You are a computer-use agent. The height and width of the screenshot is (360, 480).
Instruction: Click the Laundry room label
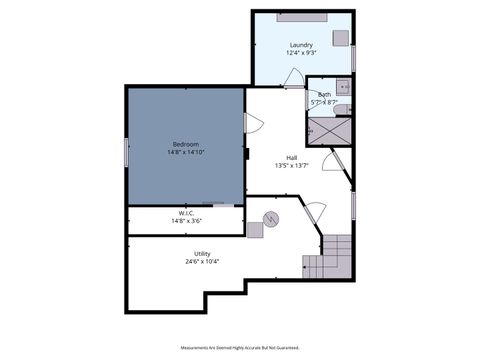tap(301, 45)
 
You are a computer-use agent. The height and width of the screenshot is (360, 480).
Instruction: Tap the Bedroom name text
tap(185, 145)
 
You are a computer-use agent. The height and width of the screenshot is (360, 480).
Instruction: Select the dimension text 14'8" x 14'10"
tap(185, 154)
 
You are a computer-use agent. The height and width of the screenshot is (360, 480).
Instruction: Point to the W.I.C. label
tap(186, 213)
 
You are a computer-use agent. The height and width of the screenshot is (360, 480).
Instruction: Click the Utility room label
tap(202, 254)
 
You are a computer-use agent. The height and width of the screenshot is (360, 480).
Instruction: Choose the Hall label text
tap(291, 157)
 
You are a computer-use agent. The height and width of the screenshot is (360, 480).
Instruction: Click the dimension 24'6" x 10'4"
tap(202, 263)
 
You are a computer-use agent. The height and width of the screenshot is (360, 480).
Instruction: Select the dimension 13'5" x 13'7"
tap(291, 166)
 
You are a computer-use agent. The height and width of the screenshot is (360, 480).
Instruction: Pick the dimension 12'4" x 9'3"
tap(301, 54)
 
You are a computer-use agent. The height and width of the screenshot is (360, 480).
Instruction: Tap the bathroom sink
tap(342, 86)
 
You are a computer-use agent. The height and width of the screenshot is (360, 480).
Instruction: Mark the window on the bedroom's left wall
tap(125, 152)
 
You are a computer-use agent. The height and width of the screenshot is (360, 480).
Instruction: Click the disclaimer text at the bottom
tap(239, 349)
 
